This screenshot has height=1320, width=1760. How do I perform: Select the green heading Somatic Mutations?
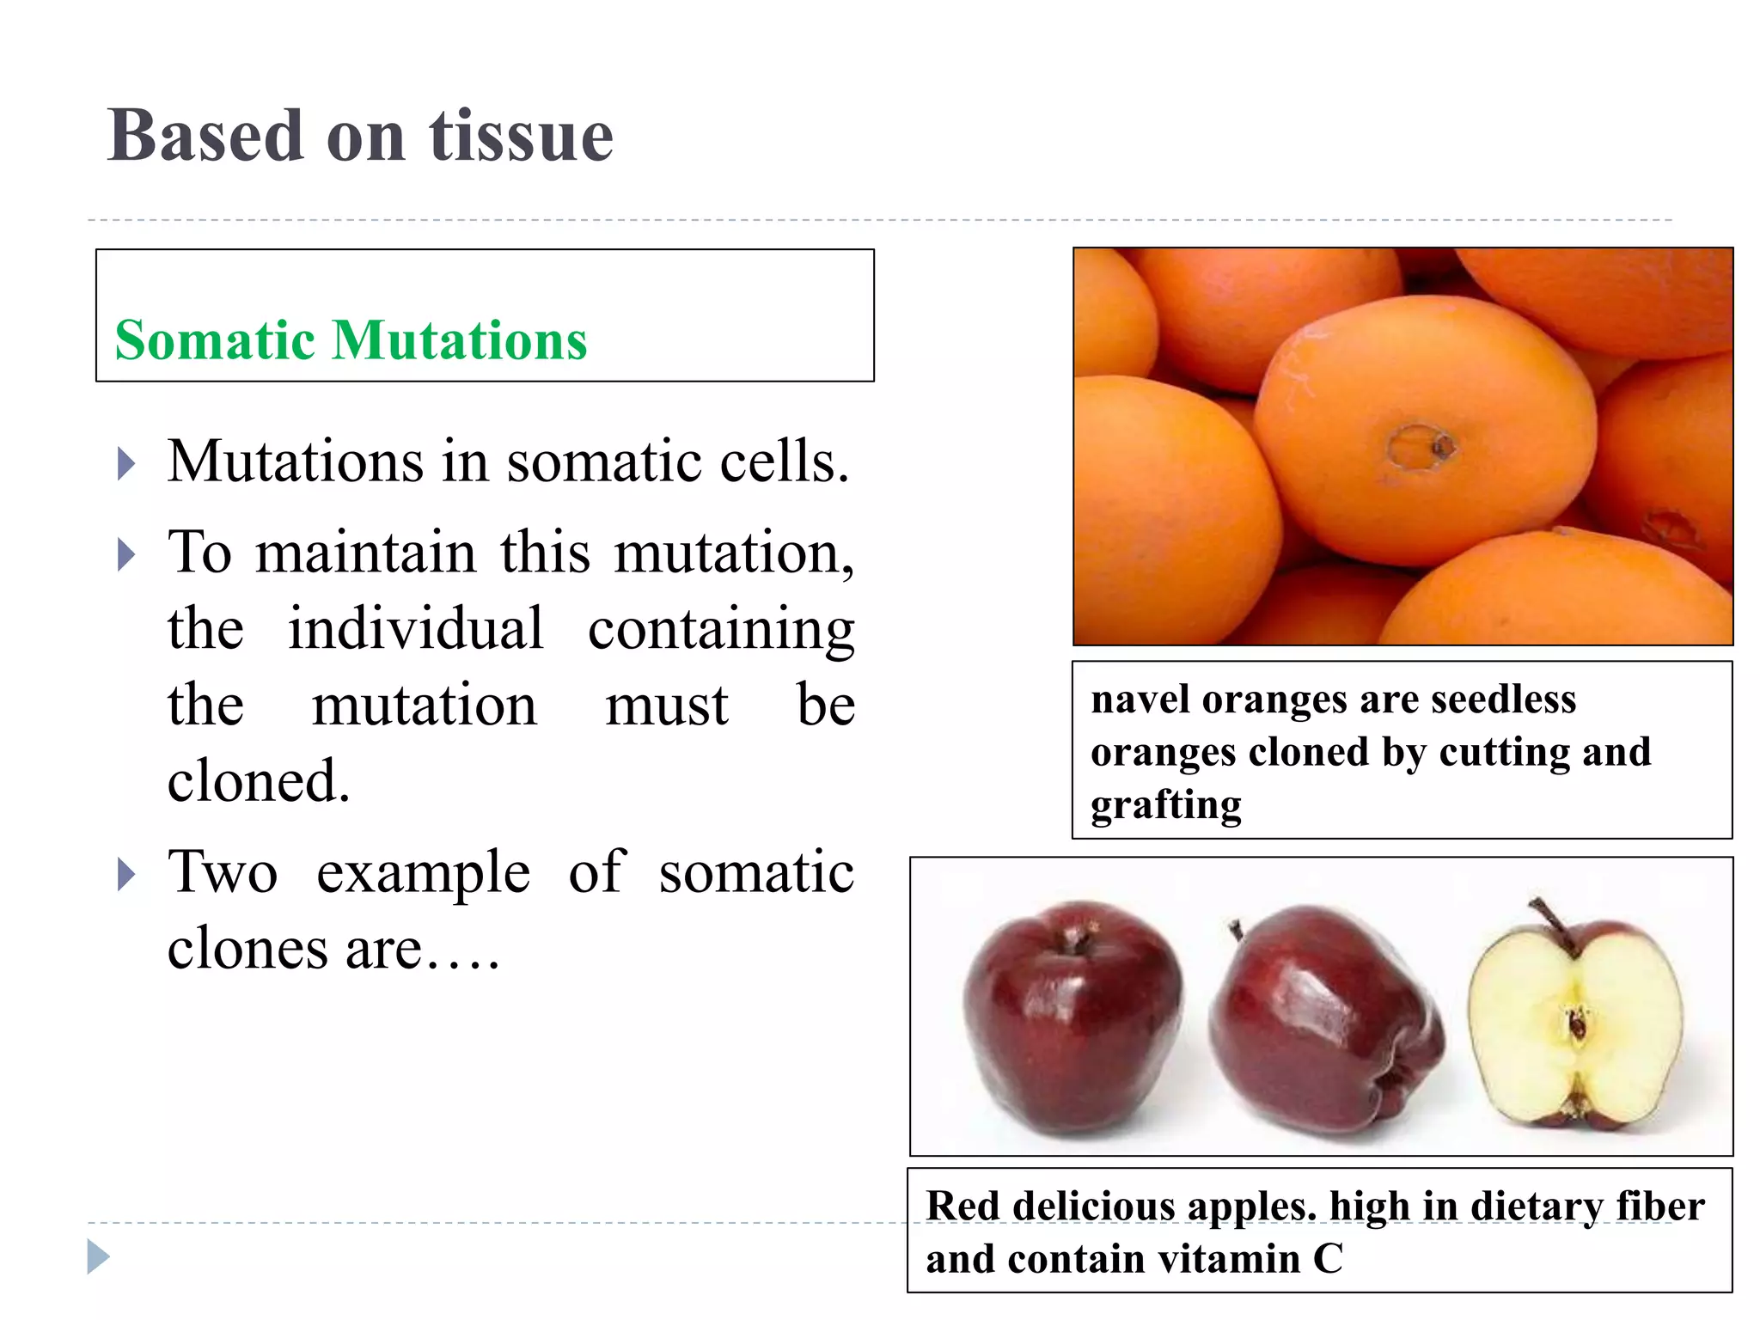(351, 340)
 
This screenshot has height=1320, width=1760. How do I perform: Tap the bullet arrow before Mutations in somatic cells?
(126, 464)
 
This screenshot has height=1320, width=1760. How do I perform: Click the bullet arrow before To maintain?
(126, 554)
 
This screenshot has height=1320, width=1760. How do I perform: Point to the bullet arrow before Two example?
(126, 875)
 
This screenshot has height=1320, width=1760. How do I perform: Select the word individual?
(415, 628)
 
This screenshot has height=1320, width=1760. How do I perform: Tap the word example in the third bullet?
(423, 873)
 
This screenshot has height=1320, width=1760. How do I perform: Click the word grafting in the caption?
(1166, 805)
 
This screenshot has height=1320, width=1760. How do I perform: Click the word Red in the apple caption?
(962, 1206)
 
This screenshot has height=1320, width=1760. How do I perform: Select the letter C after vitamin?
(1328, 1259)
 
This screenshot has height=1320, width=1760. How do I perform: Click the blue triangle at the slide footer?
(98, 1257)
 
